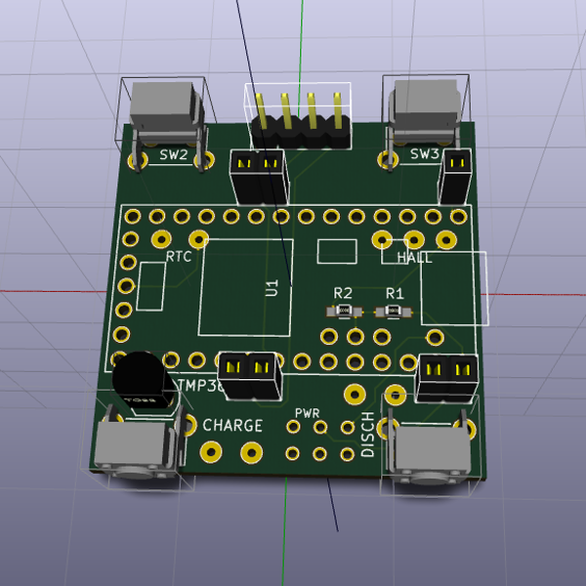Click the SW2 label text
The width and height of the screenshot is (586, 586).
point(174,154)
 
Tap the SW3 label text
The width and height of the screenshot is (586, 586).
point(425,153)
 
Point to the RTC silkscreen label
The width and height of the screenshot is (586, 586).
point(179,258)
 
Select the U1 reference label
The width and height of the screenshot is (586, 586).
point(272,288)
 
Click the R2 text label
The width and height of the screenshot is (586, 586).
point(343,293)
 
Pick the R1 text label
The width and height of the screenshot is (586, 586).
point(395,293)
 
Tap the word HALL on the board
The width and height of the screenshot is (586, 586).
point(415,258)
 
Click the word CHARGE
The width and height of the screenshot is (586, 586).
point(232,426)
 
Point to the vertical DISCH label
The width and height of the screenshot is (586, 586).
point(368,436)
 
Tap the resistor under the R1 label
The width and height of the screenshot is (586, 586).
point(395,312)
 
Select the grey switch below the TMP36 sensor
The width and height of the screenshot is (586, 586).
point(137,449)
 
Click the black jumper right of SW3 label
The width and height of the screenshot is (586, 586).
point(455,176)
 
